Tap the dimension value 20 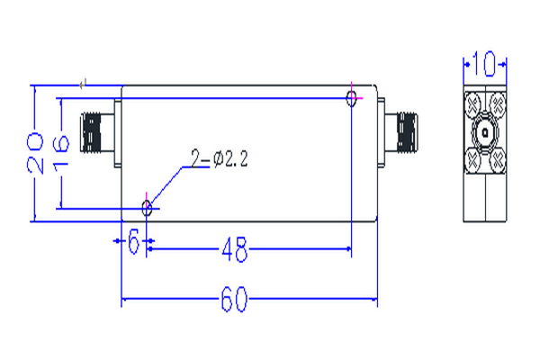[x=35, y=152]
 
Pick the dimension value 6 [x=134, y=244]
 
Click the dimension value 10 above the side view [x=485, y=65]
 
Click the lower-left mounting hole [x=147, y=208]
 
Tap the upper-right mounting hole [x=350, y=98]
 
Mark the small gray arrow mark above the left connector [x=83, y=85]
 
